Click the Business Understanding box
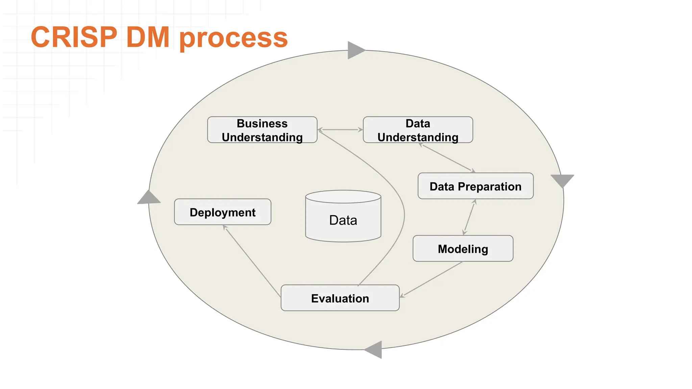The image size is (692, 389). point(262,130)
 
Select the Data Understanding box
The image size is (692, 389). point(418,130)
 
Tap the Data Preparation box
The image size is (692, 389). point(475,186)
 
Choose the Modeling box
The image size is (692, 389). point(463,249)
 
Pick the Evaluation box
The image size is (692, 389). point(340,298)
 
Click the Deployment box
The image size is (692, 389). point(223,212)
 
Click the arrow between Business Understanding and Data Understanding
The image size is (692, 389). point(340,130)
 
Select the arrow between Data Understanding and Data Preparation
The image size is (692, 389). point(447,158)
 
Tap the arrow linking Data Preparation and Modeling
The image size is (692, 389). point(469,217)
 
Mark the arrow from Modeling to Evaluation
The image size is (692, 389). point(432,279)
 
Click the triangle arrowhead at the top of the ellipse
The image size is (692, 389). point(355,50)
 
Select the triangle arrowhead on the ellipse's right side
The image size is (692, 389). point(562,180)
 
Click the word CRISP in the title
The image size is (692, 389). point(74,37)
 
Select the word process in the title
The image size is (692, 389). point(233,38)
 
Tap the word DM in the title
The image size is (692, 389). point(148,37)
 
